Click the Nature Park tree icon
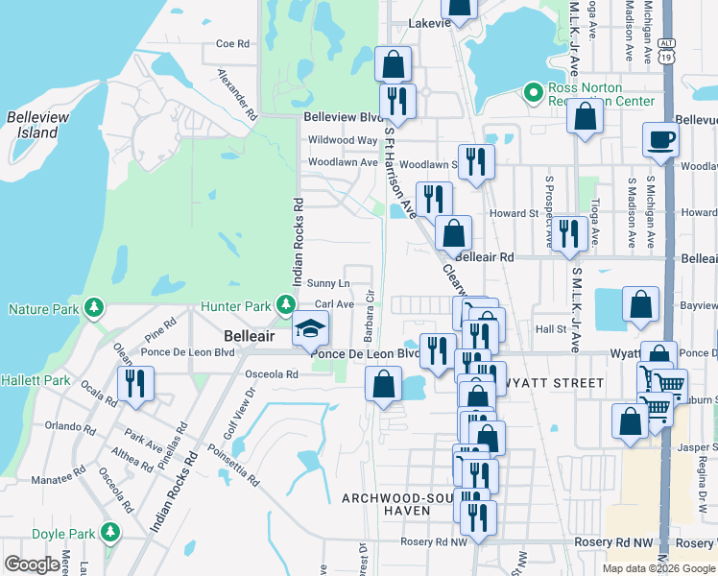tap(93, 308)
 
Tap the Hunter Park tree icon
tap(285, 305)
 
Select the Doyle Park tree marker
tap(110, 532)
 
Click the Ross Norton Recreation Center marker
tap(534, 93)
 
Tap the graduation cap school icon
tap(310, 329)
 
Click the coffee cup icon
tap(660, 139)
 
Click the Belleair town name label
tap(251, 337)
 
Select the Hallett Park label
tap(36, 381)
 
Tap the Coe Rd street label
tap(232, 43)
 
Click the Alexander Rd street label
tap(237, 93)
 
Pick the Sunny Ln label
tap(327, 284)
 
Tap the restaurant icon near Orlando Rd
tap(134, 384)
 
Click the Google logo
tap(32, 564)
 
